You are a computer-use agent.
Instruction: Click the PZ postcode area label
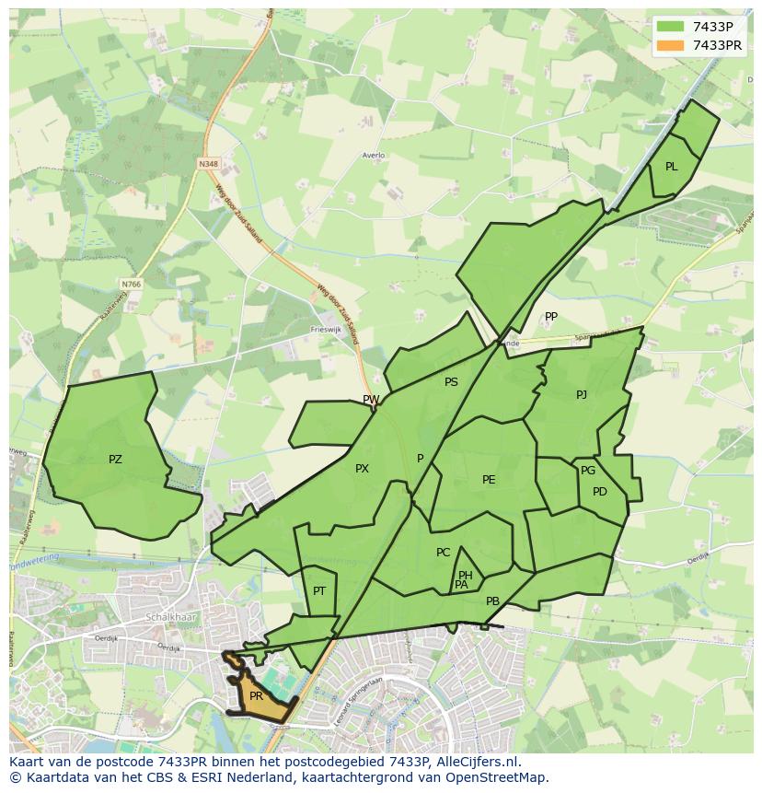click(x=115, y=459)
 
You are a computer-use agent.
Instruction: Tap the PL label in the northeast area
click(x=671, y=167)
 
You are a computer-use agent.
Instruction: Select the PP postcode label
click(x=550, y=317)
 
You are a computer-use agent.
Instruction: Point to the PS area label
click(x=451, y=382)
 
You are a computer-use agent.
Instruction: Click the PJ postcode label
click(x=581, y=395)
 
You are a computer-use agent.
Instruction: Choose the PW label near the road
click(x=371, y=400)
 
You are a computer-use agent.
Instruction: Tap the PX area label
click(x=362, y=469)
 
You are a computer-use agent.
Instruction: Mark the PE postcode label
click(x=489, y=480)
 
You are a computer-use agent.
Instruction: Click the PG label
click(x=588, y=471)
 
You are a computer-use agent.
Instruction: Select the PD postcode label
click(x=600, y=492)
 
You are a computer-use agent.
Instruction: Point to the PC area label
click(x=443, y=553)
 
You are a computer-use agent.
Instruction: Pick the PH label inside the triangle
click(x=466, y=576)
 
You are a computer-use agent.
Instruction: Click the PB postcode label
click(x=492, y=601)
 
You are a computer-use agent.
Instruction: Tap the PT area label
click(x=319, y=591)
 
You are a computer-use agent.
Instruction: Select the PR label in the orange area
click(x=256, y=697)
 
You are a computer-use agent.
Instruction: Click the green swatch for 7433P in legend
click(x=671, y=27)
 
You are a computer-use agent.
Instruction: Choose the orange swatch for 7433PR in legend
click(x=671, y=45)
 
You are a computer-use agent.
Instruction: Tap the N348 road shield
click(x=208, y=164)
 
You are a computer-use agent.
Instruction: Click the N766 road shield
click(x=131, y=285)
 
